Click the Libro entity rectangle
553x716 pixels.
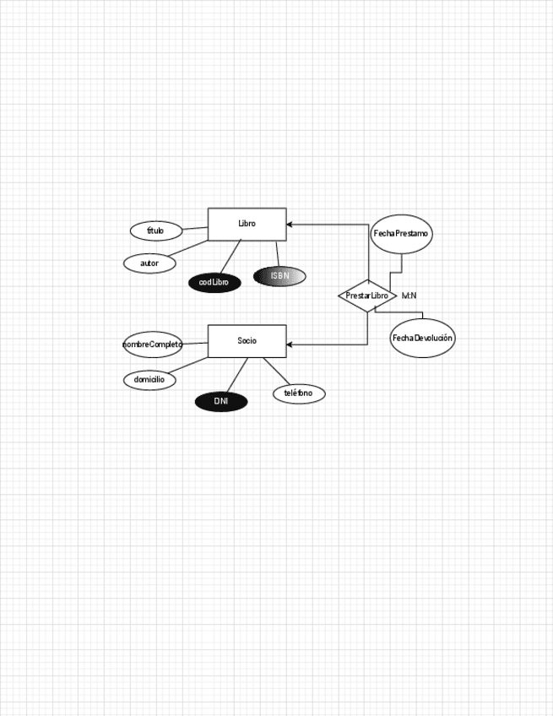247,224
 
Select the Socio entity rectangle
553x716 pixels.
247,340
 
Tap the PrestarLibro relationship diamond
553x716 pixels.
367,296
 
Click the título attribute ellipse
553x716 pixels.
156,231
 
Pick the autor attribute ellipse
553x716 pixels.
149,263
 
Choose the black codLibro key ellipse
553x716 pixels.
214,282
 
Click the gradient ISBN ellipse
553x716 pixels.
279,276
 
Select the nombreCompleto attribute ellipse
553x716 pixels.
152,344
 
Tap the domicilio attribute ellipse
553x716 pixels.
149,380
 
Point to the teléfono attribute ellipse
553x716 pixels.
299,393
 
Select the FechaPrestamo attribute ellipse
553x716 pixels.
401,233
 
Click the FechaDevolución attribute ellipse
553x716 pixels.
422,338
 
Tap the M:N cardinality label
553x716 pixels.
409,296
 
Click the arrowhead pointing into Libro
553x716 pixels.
290,225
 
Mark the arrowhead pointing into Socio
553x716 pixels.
290,344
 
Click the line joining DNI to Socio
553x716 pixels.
237,374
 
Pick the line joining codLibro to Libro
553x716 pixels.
230,256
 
